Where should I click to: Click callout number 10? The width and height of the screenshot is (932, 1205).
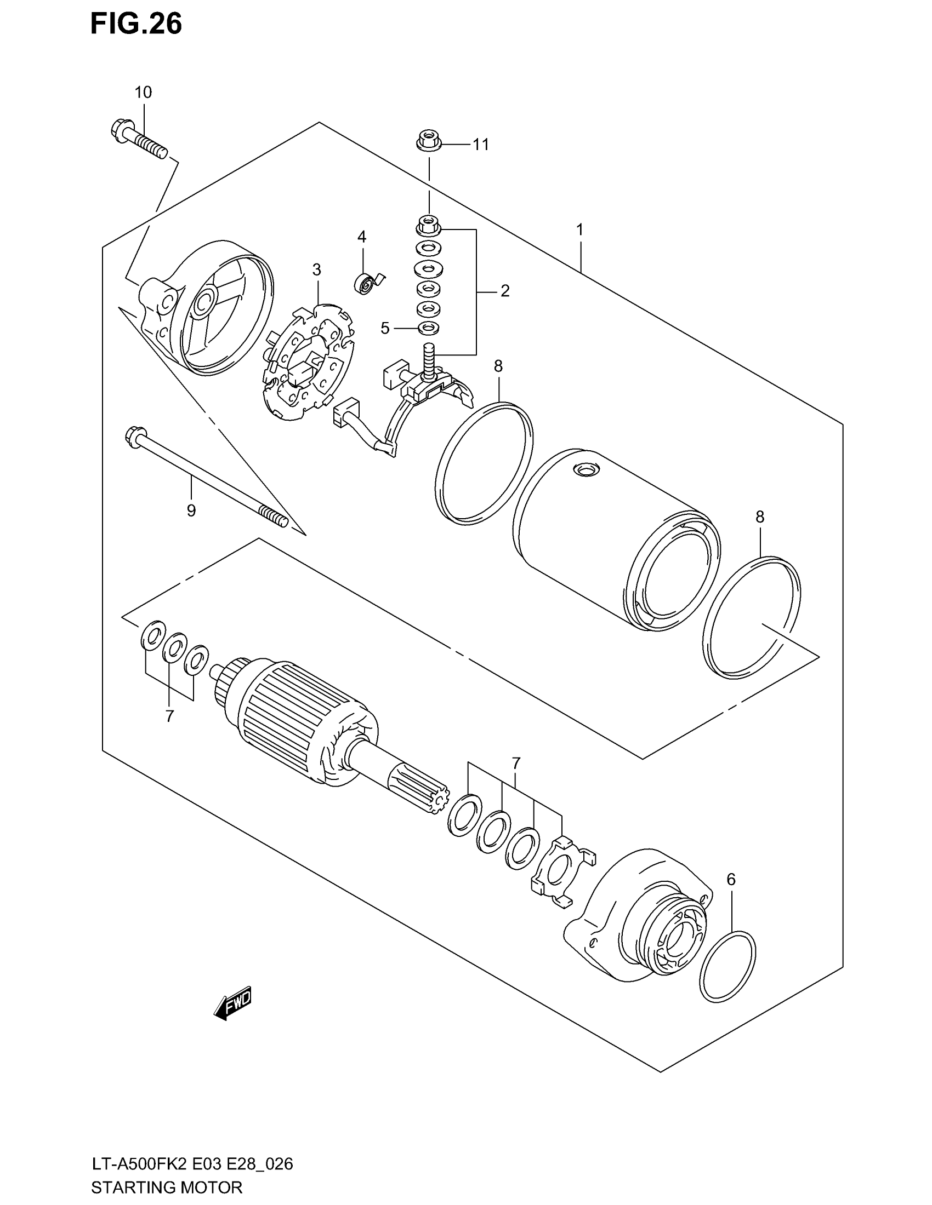tap(143, 92)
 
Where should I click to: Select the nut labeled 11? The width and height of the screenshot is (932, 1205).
tap(428, 141)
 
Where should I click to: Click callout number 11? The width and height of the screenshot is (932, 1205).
tap(480, 145)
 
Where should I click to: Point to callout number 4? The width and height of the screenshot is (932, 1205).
tap(362, 237)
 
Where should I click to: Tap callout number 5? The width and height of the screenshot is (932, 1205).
tap(385, 329)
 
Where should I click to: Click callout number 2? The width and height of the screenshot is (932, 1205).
tap(504, 291)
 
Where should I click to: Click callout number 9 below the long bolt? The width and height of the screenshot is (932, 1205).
tap(191, 510)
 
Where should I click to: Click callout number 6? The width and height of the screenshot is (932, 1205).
tap(731, 880)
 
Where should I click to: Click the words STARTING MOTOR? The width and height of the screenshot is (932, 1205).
tap(166, 1187)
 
